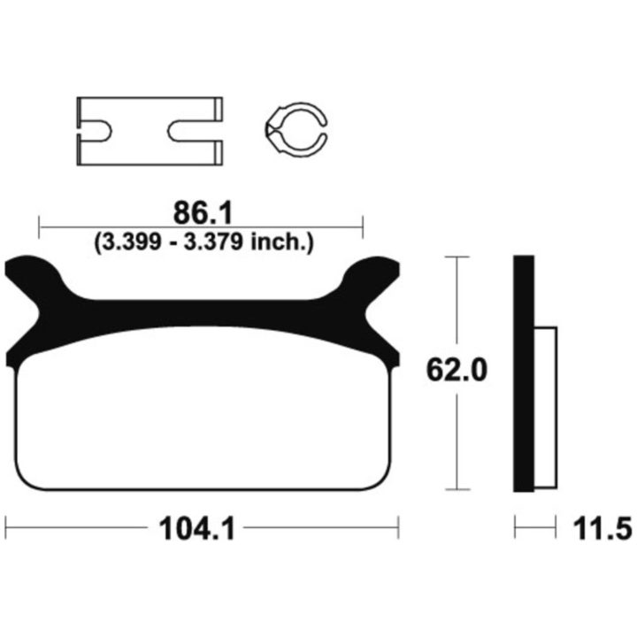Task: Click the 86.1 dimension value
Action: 203,213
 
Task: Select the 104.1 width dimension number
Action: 197,529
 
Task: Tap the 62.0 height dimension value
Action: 457,370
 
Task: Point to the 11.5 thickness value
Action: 602,529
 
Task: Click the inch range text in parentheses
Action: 204,242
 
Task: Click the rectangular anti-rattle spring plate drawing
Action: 150,131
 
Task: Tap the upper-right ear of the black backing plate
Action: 372,270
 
